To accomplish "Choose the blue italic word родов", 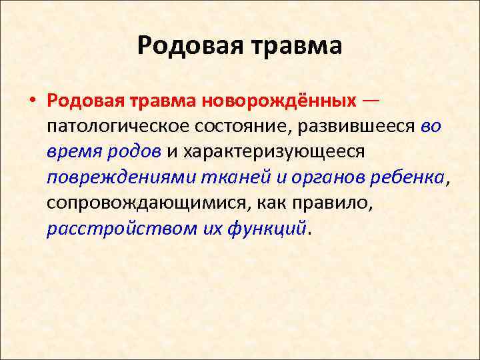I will click(x=133, y=151).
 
